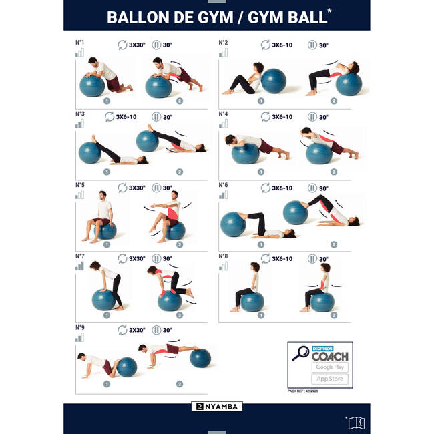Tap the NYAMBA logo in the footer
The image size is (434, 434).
[217, 406]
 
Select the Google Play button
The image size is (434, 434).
[329, 367]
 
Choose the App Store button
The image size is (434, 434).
[329, 379]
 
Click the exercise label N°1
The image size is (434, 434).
[79, 42]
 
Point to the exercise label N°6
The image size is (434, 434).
[223, 184]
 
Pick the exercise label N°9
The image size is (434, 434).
[79, 327]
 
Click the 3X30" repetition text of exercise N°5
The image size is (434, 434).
[136, 188]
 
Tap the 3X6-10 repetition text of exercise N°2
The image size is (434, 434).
[282, 45]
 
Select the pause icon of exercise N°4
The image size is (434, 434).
[312, 117]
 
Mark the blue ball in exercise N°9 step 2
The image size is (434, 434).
[200, 358]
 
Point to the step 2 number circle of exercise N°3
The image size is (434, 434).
[179, 172]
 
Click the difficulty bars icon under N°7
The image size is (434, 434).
[79, 266]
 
